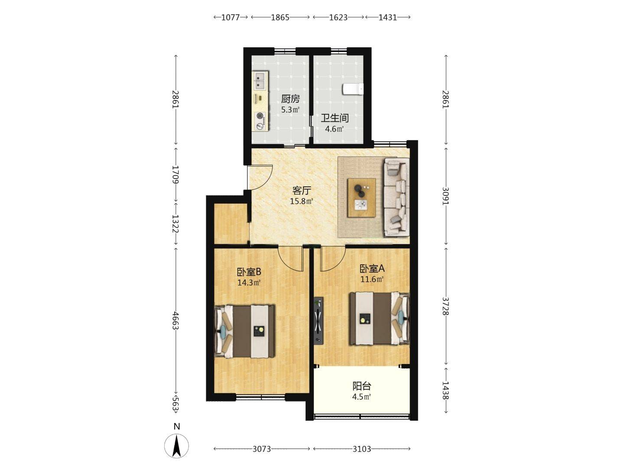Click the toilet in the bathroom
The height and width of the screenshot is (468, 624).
coord(353,89)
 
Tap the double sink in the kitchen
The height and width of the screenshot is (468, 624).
coord(62,81)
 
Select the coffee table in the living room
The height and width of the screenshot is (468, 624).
coord(361,198)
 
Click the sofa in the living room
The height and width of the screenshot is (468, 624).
coord(397,198)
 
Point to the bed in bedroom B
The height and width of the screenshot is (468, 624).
coord(244,331)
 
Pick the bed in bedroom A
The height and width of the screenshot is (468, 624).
coord(380,318)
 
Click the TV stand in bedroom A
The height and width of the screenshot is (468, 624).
coord(319,321)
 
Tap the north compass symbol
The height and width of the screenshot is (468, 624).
coord(176,446)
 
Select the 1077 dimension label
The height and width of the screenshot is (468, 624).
coord(230,17)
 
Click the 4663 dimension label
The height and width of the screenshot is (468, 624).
coord(175,321)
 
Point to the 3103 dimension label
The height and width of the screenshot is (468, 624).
coord(361,449)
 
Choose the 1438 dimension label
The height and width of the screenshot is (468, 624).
coord(445,390)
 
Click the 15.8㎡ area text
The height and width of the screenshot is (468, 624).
coord(301,201)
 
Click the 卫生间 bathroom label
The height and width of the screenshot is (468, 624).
coord(335,118)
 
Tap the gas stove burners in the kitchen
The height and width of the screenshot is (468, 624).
coord(61,121)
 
